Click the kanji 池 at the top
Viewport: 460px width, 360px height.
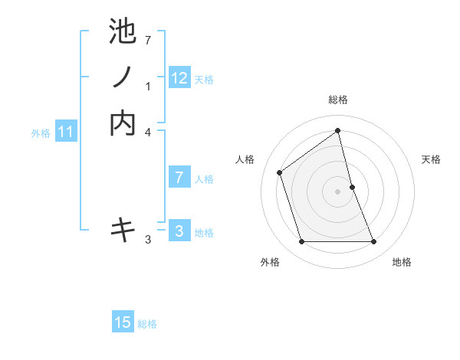[x=123, y=31]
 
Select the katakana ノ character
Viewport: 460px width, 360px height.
[x=123, y=77]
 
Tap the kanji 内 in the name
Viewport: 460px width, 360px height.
[x=123, y=123]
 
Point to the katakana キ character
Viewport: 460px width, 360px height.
[x=123, y=229]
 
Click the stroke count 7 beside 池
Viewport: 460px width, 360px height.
[x=148, y=39]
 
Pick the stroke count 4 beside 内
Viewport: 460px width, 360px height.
[x=148, y=133]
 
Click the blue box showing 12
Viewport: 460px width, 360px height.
[x=179, y=78]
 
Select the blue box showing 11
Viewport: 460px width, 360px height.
[x=67, y=132]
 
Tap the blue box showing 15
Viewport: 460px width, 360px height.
[x=123, y=322]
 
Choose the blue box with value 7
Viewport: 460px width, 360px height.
[x=179, y=178]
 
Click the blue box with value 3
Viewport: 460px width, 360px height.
[x=179, y=231]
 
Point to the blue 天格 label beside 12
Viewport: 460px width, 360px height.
[x=204, y=80]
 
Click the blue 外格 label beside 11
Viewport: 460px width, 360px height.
[x=41, y=133]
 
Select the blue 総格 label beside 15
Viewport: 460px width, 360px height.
[x=147, y=324]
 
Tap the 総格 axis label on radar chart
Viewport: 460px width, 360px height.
[x=338, y=100]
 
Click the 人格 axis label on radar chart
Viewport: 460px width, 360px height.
[x=245, y=159]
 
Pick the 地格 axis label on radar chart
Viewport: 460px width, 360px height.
[x=402, y=262]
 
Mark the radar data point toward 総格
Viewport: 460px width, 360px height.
[x=338, y=131]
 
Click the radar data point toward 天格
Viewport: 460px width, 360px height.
[x=352, y=187]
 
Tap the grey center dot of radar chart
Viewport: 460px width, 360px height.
[x=338, y=191]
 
